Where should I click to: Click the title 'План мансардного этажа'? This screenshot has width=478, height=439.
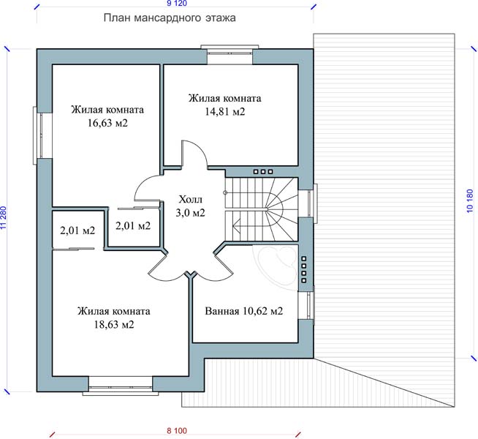click(170, 18)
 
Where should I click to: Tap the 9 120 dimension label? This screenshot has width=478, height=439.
click(177, 4)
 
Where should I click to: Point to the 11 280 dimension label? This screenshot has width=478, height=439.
click(4, 218)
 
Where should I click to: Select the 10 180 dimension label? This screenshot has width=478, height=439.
click(470, 200)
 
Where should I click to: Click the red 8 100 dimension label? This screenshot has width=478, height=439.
click(177, 431)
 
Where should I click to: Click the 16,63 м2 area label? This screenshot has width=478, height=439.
click(107, 123)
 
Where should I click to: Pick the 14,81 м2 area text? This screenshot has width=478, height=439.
click(224, 112)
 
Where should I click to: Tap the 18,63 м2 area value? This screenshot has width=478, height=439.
click(114, 324)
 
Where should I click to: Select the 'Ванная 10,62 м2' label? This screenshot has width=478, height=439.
click(244, 311)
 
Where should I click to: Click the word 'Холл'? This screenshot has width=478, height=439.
click(190, 200)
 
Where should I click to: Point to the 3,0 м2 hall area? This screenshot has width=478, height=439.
click(190, 213)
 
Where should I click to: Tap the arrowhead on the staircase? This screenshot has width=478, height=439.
click(235, 226)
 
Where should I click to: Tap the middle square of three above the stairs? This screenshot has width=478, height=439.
click(263, 172)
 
